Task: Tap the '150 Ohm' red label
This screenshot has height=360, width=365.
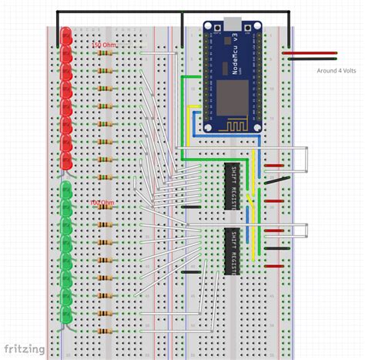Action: click(x=104, y=45)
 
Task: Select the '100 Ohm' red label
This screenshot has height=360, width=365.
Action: click(x=102, y=204)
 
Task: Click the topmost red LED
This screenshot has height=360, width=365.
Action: click(x=66, y=35)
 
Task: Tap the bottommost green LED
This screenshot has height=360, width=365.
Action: click(x=66, y=315)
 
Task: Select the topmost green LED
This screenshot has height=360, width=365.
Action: click(x=66, y=190)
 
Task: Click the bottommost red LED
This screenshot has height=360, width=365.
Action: click(x=66, y=160)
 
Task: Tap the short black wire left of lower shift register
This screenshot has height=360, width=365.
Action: click(x=186, y=272)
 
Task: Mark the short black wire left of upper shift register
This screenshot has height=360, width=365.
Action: click(x=187, y=207)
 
